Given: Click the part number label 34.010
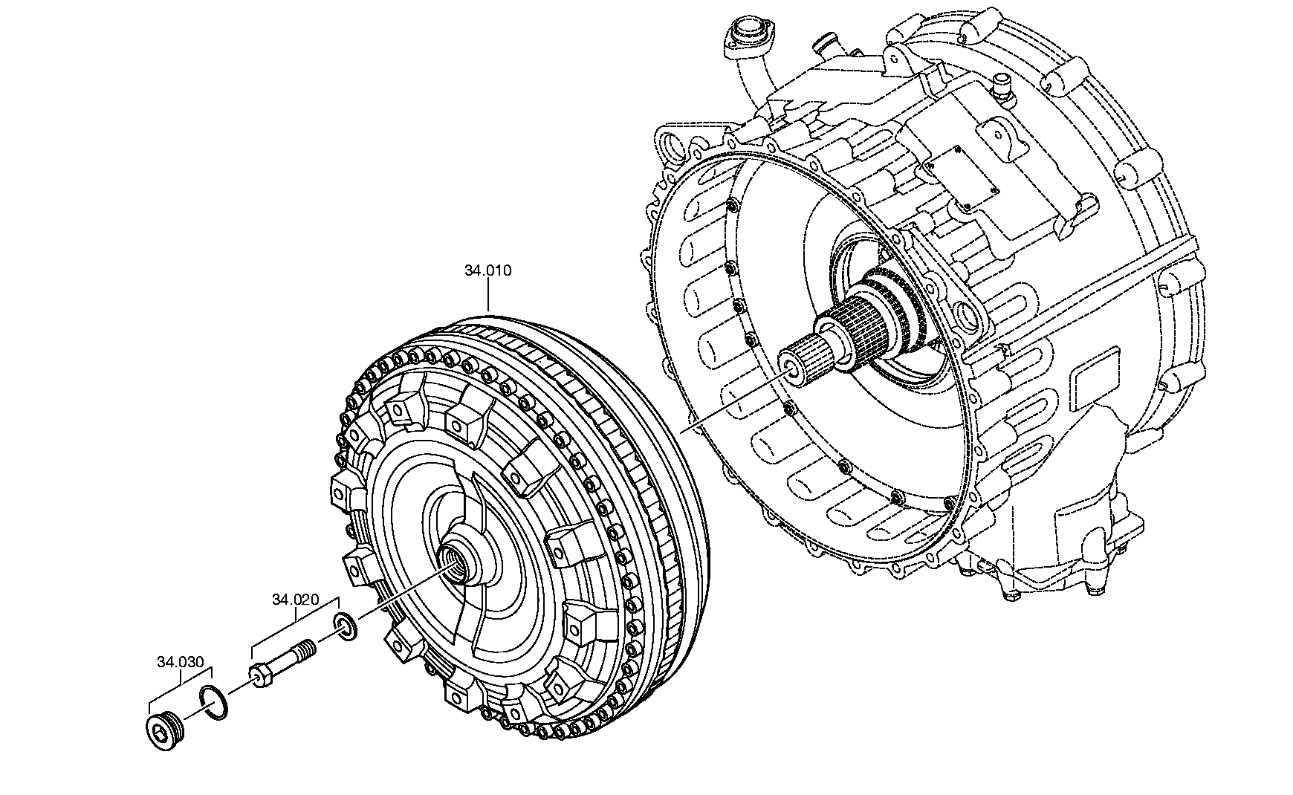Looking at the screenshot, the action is point(488,271).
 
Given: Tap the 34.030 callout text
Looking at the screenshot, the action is point(180,662).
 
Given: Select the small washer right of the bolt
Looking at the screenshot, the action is point(347,626).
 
